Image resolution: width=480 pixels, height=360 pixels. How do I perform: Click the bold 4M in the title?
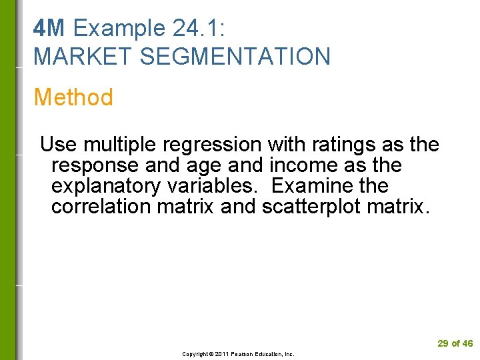pyautogui.click(x=49, y=29)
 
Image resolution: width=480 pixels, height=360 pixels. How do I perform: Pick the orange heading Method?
pyautogui.click(x=73, y=97)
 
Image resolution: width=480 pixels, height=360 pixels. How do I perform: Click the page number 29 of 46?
pyautogui.click(x=455, y=343)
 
